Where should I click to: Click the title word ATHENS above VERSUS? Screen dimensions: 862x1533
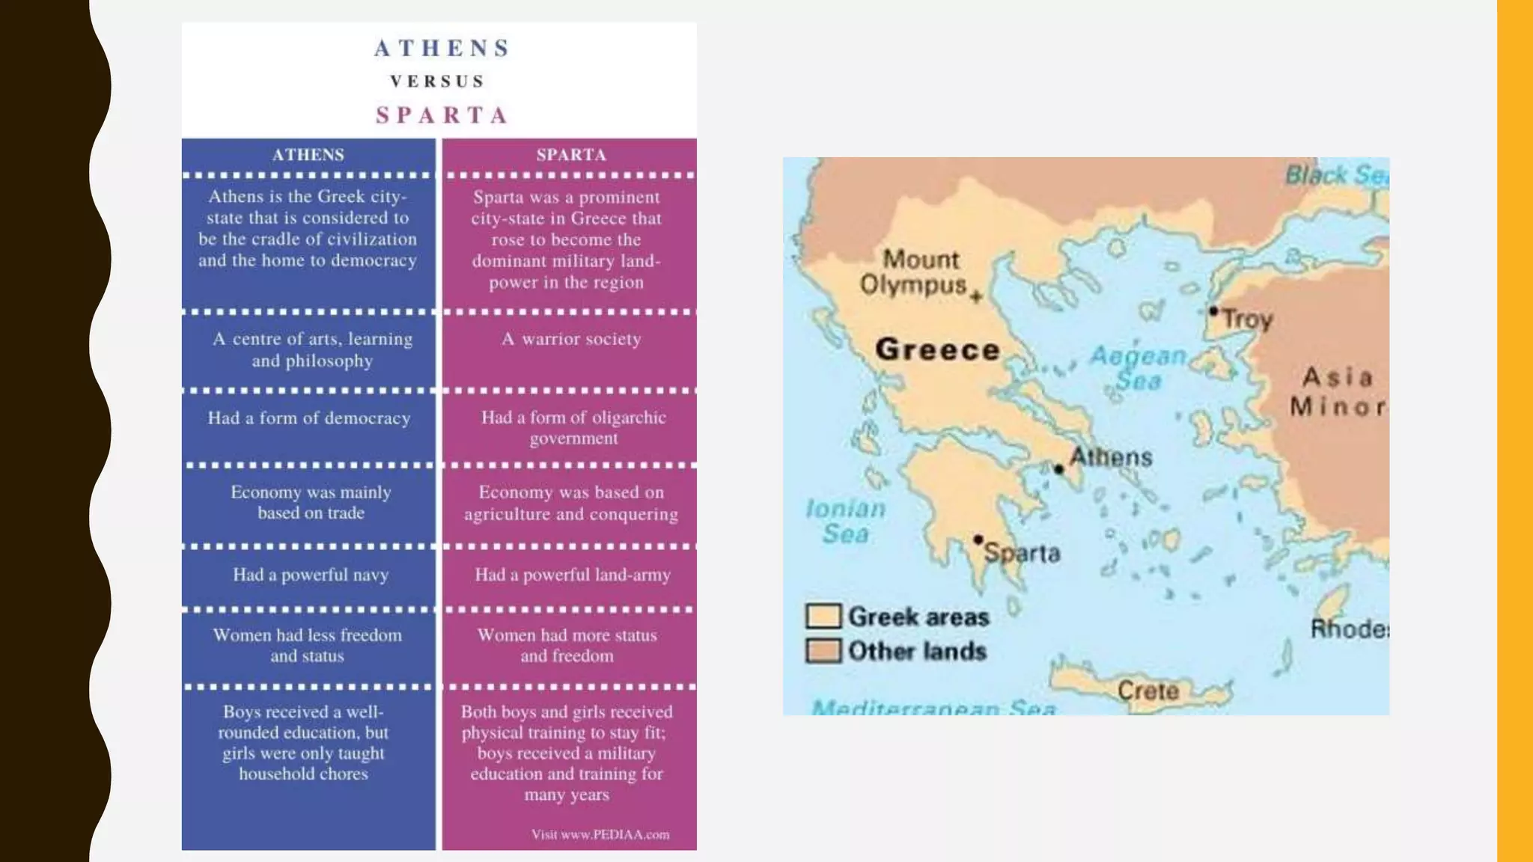pos(442,49)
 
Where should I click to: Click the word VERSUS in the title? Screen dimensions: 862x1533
pos(438,82)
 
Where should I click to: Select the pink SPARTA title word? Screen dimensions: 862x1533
pos(442,115)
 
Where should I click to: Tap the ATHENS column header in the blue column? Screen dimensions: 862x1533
pos(308,155)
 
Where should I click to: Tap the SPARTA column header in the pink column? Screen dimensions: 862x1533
pos(570,155)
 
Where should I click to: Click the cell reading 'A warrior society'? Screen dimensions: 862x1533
pos(570,339)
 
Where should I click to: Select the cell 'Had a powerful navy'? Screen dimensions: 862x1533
pos(310,575)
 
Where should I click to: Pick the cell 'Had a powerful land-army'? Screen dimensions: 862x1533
pos(572,575)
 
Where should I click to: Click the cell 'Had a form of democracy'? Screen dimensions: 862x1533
pos(308,418)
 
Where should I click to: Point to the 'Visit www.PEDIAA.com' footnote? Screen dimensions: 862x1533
pos(600,834)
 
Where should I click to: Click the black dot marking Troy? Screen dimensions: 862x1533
pos(1213,311)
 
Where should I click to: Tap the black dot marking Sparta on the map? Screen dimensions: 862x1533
pos(978,539)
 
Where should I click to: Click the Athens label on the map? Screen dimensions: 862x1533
pos(1111,456)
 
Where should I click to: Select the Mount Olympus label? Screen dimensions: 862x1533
pos(915,272)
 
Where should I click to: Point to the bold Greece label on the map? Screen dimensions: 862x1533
pos(938,349)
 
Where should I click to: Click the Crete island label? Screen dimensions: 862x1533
pos(1148,690)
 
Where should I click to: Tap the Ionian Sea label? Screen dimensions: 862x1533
pos(846,521)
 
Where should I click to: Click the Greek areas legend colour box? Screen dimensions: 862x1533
pos(823,616)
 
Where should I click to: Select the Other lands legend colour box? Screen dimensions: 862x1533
pos(823,650)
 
